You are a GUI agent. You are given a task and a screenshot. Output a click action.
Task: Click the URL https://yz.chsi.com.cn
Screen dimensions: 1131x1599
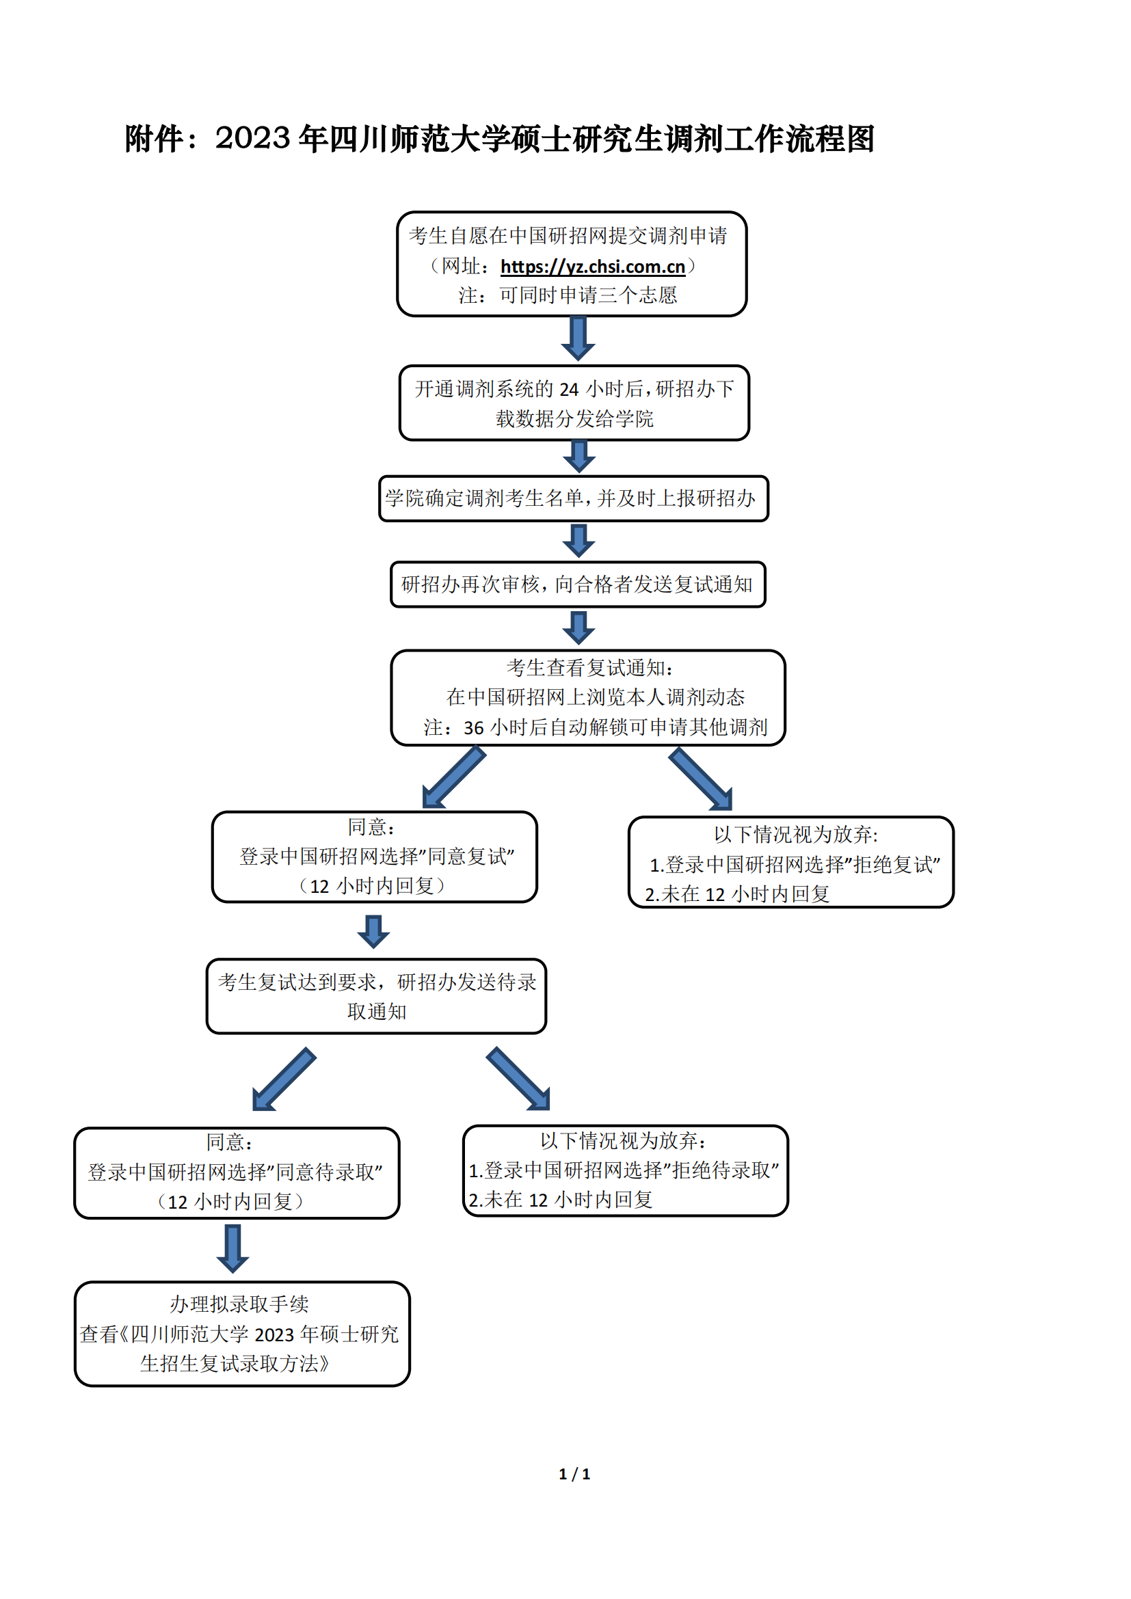click(593, 267)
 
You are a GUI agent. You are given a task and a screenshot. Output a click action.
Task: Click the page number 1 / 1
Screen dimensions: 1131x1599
click(574, 1474)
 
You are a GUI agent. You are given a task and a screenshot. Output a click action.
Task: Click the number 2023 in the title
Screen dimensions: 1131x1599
click(252, 138)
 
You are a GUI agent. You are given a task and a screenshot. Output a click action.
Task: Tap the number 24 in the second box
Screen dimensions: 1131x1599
click(569, 388)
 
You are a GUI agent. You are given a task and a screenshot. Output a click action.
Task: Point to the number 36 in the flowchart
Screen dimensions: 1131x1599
click(474, 728)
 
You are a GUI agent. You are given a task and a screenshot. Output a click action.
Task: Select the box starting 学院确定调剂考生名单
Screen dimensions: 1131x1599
click(574, 498)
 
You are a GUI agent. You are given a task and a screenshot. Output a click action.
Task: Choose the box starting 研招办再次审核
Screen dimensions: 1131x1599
click(578, 584)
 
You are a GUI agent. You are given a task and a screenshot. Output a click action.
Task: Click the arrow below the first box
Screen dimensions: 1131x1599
click(578, 338)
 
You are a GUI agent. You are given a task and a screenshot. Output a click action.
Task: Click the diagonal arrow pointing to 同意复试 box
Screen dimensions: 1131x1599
click(453, 777)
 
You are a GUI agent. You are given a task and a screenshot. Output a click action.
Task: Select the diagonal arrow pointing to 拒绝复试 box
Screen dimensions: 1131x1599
click(701, 779)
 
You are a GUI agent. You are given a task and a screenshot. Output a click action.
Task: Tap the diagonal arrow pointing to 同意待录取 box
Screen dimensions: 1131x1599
click(284, 1079)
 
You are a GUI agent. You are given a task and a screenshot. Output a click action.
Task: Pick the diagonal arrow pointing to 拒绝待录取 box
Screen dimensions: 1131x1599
click(518, 1078)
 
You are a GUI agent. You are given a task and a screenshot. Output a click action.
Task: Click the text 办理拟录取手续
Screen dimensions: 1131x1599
click(239, 1304)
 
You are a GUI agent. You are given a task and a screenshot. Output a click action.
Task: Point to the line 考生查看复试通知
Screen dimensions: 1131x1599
click(590, 668)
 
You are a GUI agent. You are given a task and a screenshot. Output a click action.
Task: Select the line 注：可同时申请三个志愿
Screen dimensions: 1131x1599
click(568, 295)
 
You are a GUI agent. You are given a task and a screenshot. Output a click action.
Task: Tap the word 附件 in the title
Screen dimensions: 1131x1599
click(154, 139)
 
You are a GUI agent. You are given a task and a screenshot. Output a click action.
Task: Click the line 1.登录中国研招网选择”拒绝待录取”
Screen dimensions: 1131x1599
click(624, 1170)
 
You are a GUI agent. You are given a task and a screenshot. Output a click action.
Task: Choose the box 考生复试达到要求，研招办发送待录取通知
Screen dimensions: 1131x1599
click(376, 996)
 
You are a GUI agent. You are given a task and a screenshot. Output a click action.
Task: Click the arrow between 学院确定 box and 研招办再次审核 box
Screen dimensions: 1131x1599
click(578, 541)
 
